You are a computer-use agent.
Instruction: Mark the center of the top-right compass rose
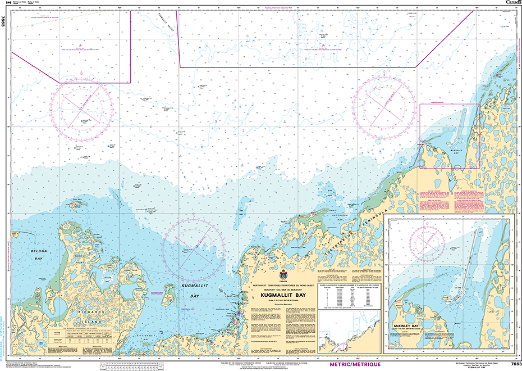(385, 105)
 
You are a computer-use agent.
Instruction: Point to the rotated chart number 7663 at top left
(4, 22)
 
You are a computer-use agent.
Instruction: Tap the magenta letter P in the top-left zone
(80, 46)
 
